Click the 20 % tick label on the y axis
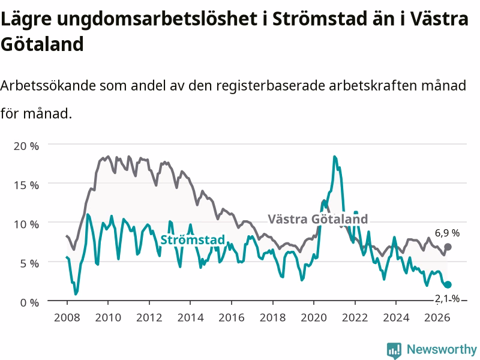(x=26, y=146)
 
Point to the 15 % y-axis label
(x=26, y=185)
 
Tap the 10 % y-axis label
(x=26, y=224)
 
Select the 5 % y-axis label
(x=29, y=263)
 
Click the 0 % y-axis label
(x=29, y=303)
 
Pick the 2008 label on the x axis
(x=67, y=317)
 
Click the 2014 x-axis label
(x=190, y=317)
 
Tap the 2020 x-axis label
(x=314, y=317)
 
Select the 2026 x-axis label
(x=437, y=317)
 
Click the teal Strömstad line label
(x=193, y=239)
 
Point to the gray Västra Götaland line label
(x=318, y=219)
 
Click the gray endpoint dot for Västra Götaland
(x=448, y=247)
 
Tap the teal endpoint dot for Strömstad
(x=448, y=284)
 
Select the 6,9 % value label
(x=447, y=233)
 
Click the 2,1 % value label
(x=447, y=298)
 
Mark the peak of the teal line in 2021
(x=335, y=157)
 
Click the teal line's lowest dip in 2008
(x=76, y=294)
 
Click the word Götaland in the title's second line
(x=42, y=44)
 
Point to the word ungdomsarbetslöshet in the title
(x=157, y=19)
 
